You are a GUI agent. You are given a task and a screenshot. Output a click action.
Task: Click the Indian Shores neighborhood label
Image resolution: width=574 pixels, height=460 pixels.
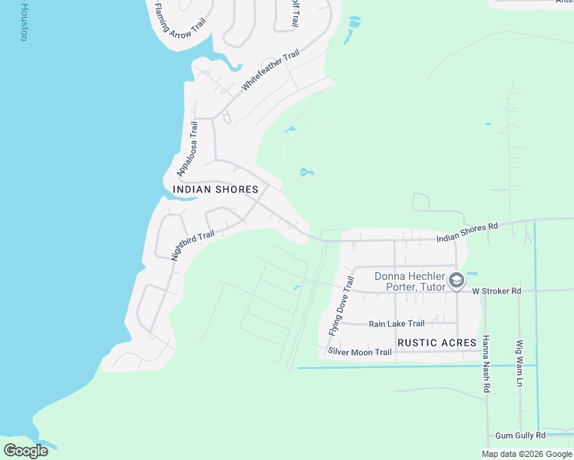[216, 189]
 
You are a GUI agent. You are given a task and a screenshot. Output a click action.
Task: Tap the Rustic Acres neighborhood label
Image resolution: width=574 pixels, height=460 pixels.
[437, 341]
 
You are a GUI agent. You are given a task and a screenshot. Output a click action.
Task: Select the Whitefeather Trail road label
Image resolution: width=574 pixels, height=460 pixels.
[269, 71]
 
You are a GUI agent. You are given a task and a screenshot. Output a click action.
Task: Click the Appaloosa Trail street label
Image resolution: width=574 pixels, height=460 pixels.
[187, 148]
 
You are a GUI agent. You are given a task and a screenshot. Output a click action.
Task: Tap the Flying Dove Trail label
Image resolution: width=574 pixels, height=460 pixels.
[340, 305]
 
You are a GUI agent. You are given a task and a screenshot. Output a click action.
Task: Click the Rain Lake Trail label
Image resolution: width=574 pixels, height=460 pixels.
[396, 324]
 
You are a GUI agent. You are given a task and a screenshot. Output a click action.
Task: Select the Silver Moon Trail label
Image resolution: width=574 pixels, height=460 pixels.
[360, 352]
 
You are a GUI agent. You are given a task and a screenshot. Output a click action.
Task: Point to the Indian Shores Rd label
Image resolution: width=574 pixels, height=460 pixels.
[467, 232]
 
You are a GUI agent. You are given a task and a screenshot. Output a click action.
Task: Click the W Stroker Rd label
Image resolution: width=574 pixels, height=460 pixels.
[496, 291]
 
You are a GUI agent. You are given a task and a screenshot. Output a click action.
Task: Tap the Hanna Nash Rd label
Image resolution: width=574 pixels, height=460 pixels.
[486, 366]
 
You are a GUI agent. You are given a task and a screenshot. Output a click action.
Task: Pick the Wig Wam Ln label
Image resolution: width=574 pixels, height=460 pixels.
[520, 364]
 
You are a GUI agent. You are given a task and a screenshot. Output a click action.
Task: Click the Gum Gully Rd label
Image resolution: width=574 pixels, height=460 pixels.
[520, 435]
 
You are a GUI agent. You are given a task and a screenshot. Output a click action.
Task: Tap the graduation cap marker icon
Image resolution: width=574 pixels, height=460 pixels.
[456, 281]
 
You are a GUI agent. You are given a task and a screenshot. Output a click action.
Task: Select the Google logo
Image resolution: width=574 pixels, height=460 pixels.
[25, 450]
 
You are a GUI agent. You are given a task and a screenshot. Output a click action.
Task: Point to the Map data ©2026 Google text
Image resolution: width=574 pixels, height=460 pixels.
[526, 454]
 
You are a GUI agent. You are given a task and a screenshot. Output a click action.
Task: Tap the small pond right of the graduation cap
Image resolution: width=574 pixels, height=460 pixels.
[471, 273]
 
